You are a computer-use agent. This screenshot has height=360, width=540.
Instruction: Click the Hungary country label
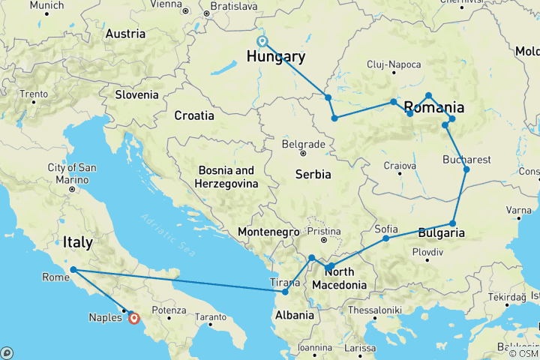tap(275, 58)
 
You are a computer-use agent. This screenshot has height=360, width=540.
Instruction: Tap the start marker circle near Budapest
tap(262, 42)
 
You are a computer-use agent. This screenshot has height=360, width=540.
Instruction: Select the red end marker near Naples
tap(133, 318)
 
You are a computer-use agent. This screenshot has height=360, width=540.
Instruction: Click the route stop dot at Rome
tap(73, 270)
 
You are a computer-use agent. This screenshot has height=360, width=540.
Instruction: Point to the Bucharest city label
tap(466, 160)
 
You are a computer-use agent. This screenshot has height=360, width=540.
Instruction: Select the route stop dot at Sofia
tap(386, 238)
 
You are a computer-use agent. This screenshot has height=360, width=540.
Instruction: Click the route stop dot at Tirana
tap(285, 292)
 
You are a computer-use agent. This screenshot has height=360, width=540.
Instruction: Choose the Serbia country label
tap(313, 174)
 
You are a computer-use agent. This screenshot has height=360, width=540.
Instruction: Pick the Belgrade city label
tap(303, 144)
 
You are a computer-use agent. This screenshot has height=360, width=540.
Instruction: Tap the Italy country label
tap(78, 242)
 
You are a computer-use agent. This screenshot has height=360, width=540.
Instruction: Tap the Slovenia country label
tap(136, 94)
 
